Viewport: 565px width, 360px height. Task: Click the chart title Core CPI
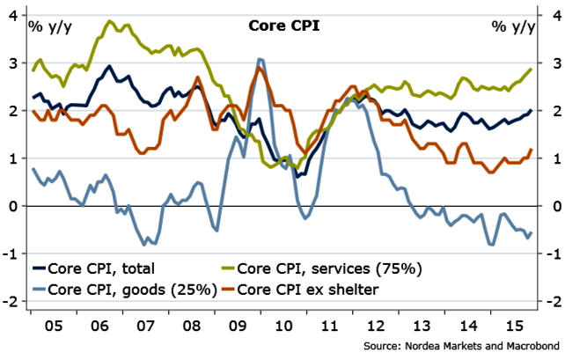281,26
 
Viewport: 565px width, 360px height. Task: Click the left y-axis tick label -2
12,302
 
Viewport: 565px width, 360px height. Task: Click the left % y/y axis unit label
49,25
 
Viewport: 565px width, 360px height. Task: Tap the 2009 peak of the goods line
260,59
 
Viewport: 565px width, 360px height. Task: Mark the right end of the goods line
532,232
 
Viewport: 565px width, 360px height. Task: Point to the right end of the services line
532,69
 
